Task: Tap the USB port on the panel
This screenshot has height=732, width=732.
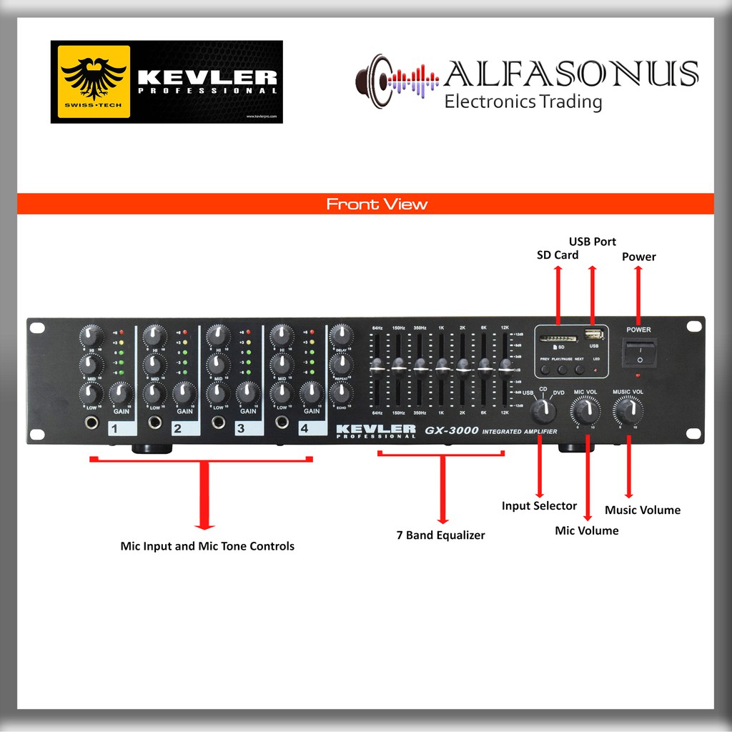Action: point(592,334)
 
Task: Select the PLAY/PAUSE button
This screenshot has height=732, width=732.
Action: point(562,370)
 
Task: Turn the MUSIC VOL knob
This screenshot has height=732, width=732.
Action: point(628,410)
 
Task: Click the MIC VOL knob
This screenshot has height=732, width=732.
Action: point(585,410)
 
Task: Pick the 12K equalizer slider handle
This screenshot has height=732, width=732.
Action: point(505,368)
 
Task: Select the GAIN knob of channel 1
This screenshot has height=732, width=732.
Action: point(121,392)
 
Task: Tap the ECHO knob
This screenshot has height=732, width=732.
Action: point(341,392)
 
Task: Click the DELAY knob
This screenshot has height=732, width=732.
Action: point(341,334)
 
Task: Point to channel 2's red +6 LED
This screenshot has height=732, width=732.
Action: point(185,332)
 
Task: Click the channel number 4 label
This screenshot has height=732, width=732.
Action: point(305,429)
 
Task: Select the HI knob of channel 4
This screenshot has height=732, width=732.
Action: point(282,334)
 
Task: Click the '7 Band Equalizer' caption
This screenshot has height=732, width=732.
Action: point(440,535)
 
